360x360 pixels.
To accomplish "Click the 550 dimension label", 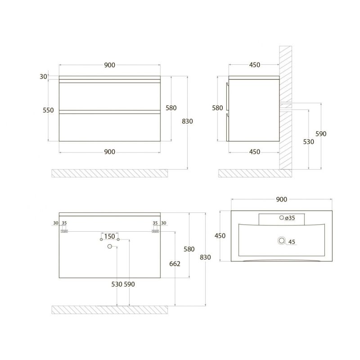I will (48, 110).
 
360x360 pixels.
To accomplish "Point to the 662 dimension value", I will (175, 264).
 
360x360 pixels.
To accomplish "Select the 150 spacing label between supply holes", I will (109, 236).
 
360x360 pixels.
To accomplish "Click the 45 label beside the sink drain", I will (292, 242).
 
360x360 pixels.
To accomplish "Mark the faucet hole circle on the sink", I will (282, 218).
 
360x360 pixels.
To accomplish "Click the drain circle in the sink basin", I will (282, 241).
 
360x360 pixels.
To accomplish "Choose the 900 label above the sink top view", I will (281, 199).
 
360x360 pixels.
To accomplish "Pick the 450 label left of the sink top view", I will (220, 236).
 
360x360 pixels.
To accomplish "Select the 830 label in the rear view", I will (205, 257).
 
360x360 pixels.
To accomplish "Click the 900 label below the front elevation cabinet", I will (110, 152).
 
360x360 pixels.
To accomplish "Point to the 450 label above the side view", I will (254, 65).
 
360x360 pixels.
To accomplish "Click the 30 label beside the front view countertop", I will (43, 77).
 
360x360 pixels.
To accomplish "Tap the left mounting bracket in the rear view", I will (64, 231).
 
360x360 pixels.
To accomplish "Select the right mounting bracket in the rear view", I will (155, 231).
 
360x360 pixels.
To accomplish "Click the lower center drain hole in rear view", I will (109, 247).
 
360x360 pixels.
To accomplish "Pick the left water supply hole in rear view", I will (101, 240).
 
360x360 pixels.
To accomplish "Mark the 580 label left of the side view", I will (217, 108).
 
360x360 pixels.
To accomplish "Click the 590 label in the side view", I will (321, 134).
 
